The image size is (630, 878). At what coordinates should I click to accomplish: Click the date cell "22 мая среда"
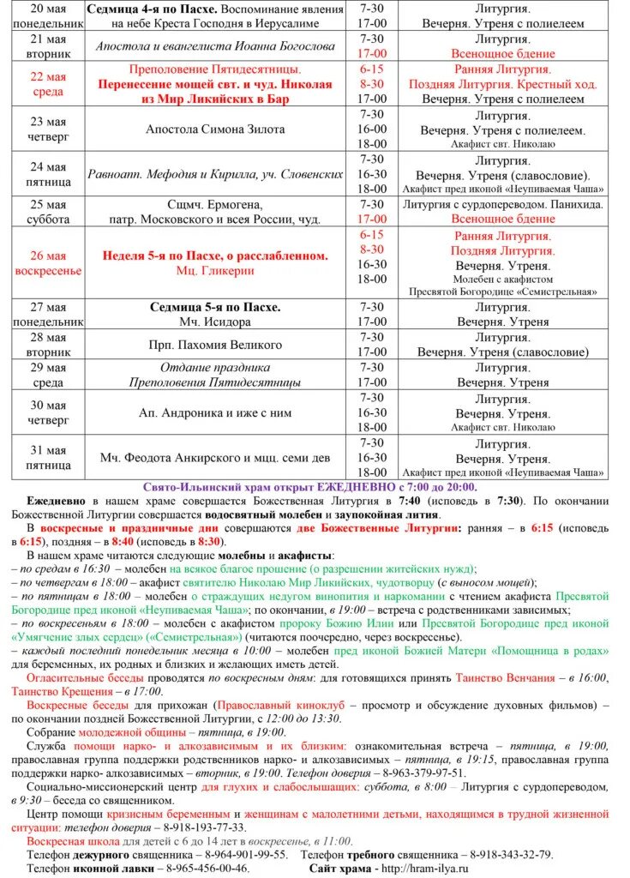tap(48, 83)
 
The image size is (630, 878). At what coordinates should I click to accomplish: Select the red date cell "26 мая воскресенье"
tap(48, 262)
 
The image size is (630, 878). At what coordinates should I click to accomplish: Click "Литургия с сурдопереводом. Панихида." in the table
tap(503, 204)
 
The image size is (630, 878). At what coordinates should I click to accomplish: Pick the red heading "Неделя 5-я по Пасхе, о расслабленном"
tap(214, 256)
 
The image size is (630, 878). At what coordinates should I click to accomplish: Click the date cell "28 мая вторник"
tap(48, 345)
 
